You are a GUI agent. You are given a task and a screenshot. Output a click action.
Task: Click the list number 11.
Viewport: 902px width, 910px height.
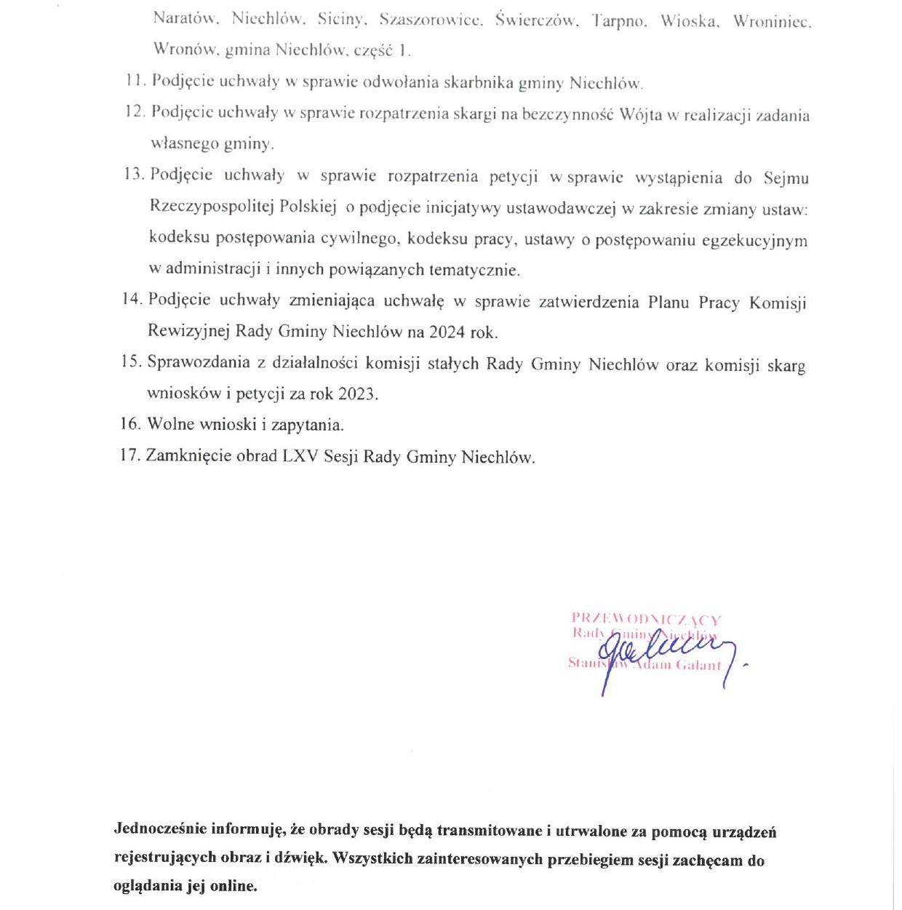136,81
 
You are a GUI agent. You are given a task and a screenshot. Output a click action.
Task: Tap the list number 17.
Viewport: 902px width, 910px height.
129,455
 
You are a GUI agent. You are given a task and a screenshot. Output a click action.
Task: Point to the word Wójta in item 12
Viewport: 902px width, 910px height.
639,115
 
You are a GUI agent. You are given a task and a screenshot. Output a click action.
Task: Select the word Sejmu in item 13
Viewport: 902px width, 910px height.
786,178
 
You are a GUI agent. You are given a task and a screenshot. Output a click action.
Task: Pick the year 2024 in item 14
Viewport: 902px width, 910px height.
447,332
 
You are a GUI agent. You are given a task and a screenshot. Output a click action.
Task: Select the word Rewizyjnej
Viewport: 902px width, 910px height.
188,331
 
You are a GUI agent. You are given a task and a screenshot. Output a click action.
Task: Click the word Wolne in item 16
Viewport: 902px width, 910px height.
171,424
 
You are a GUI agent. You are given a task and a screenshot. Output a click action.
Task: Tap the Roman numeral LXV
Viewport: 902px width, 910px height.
300,456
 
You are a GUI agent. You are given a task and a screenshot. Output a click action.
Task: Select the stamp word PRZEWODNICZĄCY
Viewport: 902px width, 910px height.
646,620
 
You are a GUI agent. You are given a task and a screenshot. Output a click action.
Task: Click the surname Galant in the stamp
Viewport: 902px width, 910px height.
698,665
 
